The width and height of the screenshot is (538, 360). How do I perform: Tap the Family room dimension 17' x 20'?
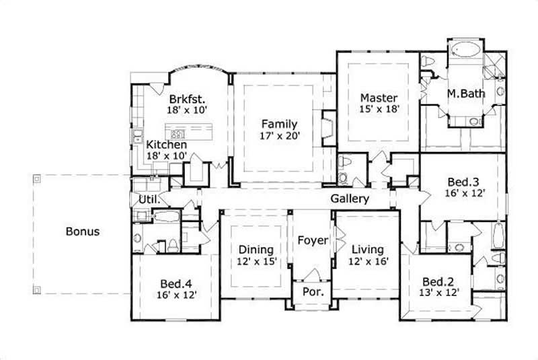pyautogui.click(x=280, y=135)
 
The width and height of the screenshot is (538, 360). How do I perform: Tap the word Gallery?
pyautogui.click(x=349, y=199)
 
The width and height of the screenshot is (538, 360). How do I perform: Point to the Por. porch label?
pyautogui.click(x=311, y=293)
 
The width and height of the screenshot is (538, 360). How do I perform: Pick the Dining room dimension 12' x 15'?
pyautogui.click(x=256, y=261)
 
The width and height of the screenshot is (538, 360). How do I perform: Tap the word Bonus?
pyautogui.click(x=83, y=231)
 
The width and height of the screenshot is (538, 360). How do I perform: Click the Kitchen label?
pyautogui.click(x=167, y=145)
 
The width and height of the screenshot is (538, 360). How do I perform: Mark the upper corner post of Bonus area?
pyautogui.click(x=37, y=179)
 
